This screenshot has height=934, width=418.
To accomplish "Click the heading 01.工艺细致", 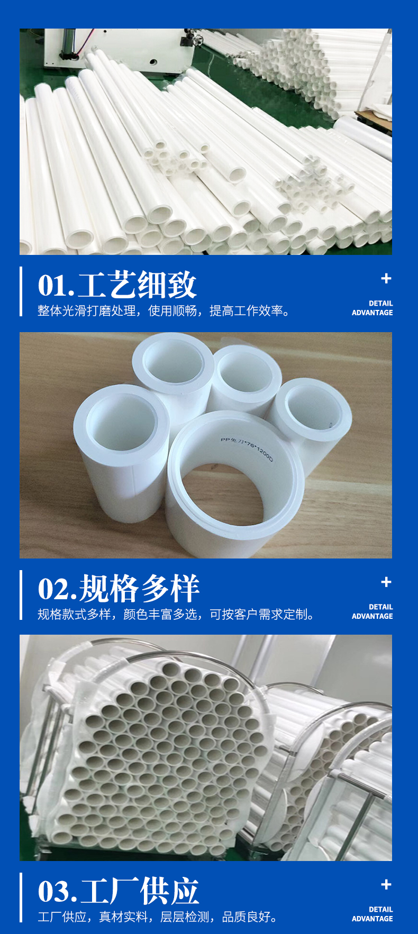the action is (x=117, y=285).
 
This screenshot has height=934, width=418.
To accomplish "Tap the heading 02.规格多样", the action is (x=119, y=588).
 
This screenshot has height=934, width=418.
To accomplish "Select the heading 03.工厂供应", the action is (x=119, y=891).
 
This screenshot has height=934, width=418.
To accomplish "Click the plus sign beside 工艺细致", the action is (x=386, y=279).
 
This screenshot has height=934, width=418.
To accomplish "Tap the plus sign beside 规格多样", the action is (x=386, y=582).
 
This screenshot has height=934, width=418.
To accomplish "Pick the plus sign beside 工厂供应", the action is (x=386, y=885).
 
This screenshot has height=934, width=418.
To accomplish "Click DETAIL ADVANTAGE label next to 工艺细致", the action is (x=372, y=308).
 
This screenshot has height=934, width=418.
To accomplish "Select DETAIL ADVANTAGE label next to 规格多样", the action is (x=372, y=611).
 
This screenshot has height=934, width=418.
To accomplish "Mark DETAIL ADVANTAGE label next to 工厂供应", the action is (x=372, y=914).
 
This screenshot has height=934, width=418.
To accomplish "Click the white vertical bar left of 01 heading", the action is (x=21, y=291).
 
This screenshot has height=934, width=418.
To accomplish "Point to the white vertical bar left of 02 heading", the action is (x=21, y=595).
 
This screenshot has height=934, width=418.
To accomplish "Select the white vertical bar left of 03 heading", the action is (x=21, y=898).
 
